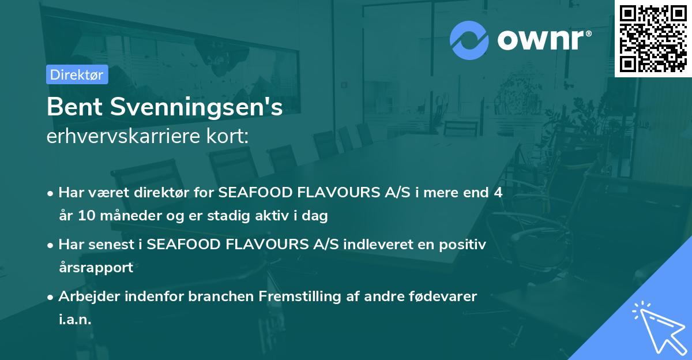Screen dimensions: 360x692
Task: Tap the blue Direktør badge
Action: (x=77, y=74)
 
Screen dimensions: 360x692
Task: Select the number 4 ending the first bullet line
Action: (x=498, y=193)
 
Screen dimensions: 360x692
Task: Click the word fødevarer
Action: (x=444, y=297)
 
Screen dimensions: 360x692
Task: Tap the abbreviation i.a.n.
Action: (x=75, y=319)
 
